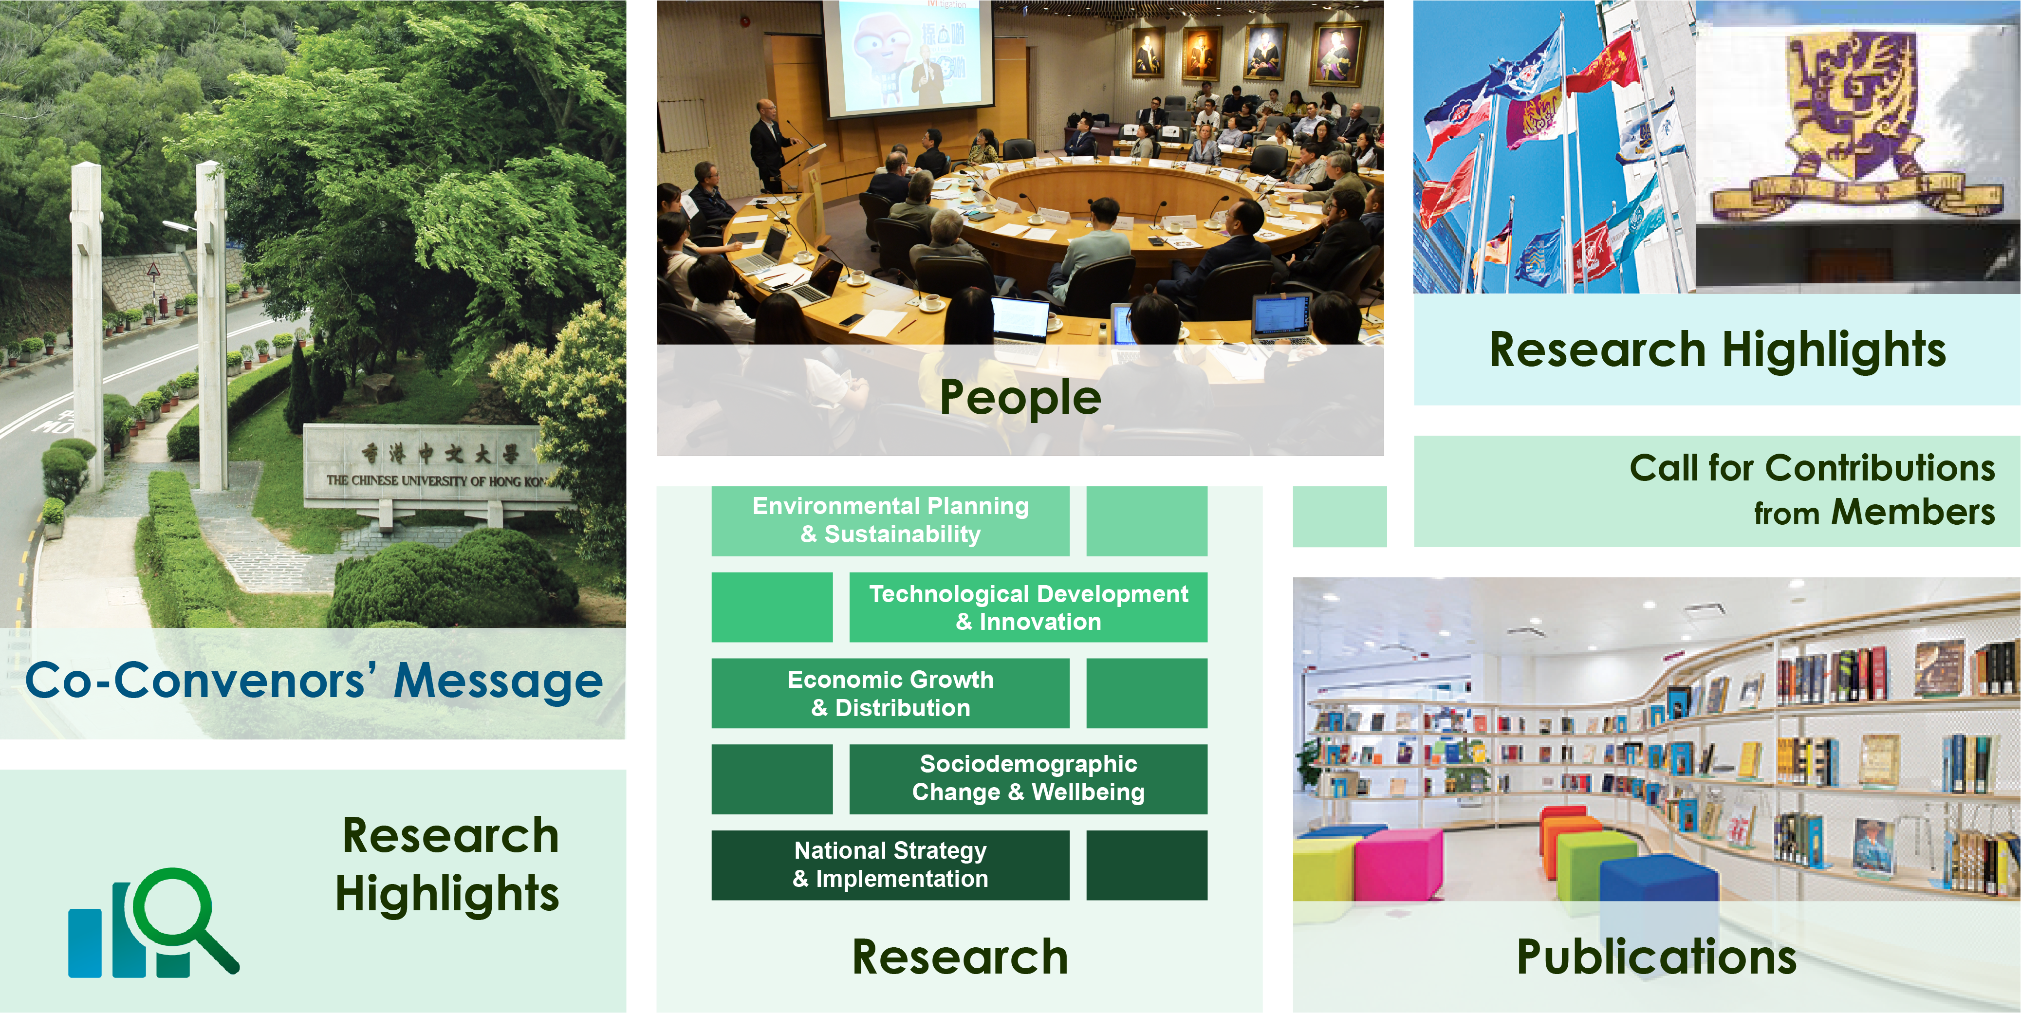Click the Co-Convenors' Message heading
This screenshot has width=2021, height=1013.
click(x=314, y=681)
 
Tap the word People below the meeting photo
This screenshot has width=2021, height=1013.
click(x=1020, y=398)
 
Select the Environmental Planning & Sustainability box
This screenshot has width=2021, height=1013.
click(x=890, y=521)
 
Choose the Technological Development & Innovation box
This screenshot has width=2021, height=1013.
click(x=1029, y=608)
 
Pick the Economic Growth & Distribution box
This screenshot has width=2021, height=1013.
click(x=890, y=694)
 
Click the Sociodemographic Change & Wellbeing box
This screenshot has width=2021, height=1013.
click(x=1029, y=779)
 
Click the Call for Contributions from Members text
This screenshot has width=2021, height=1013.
click(x=1812, y=490)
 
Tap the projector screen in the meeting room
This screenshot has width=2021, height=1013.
click(x=906, y=56)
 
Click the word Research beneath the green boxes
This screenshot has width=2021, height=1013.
click(x=960, y=958)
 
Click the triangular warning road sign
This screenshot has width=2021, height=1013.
click(x=154, y=270)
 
